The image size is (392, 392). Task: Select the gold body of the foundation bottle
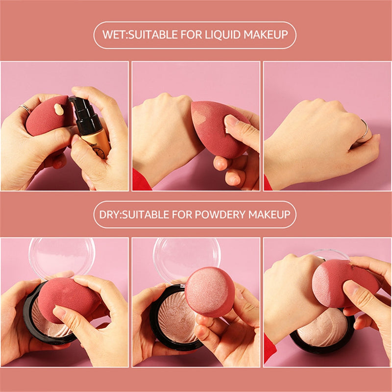(98, 145)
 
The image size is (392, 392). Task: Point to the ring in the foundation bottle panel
(24, 108)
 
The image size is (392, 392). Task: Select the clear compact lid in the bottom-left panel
(61, 255)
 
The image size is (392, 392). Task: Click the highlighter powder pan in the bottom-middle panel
(174, 318)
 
